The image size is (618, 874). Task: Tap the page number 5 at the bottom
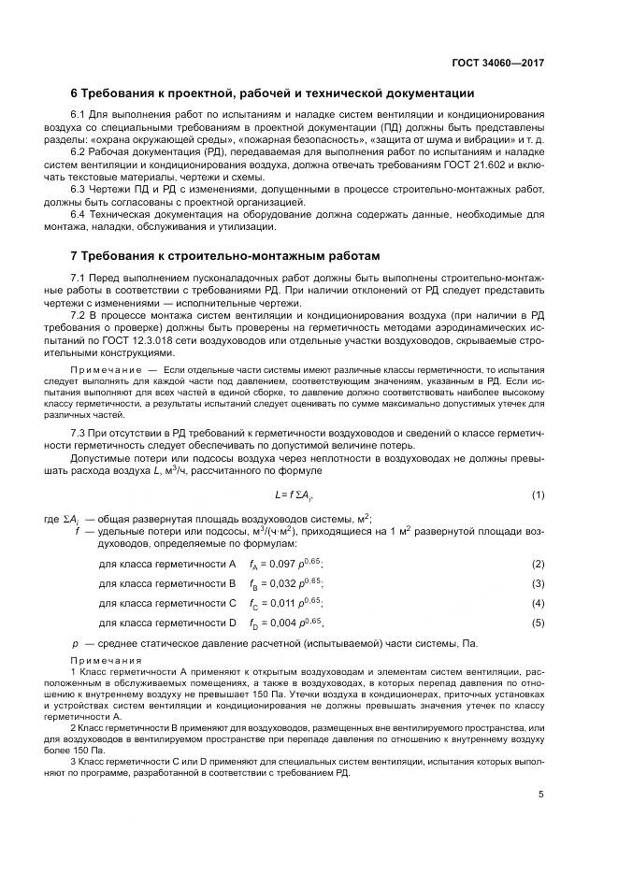541,795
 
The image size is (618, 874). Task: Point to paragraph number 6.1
79,115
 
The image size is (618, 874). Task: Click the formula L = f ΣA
296,494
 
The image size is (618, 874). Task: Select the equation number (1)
538,494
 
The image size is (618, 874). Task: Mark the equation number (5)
538,623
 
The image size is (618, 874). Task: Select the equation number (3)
538,583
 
